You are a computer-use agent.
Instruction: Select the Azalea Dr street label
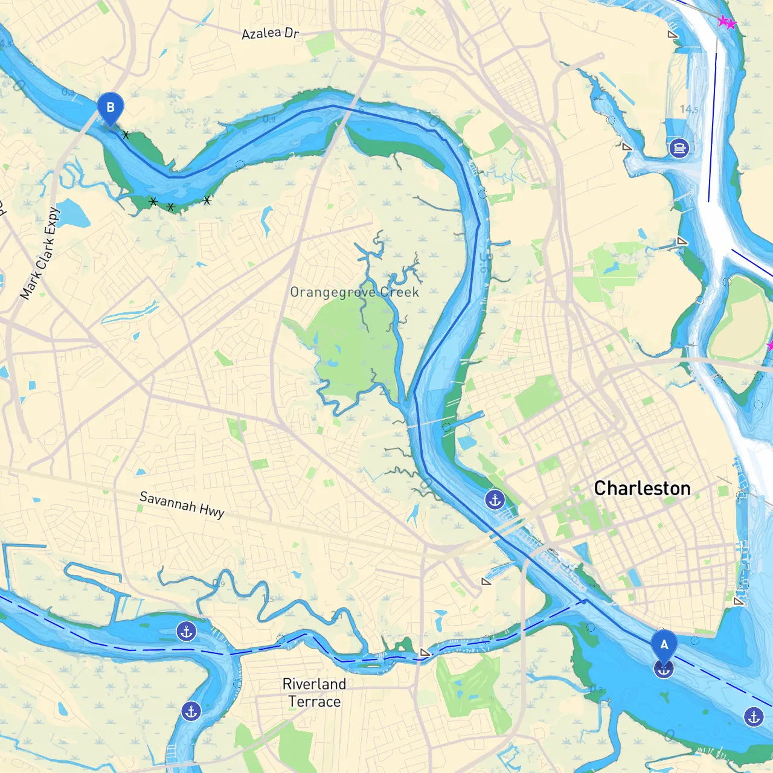[x=270, y=33]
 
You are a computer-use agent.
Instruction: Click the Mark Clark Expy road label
[x=40, y=254]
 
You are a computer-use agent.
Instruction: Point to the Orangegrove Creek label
[x=354, y=292]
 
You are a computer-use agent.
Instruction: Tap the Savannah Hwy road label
[x=182, y=505]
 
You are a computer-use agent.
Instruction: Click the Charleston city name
[x=642, y=488]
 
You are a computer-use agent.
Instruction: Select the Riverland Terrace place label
[x=314, y=693]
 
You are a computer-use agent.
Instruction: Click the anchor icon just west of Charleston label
[x=495, y=500]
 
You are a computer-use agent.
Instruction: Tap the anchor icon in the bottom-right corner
[x=754, y=717]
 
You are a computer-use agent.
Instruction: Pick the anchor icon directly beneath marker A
[x=664, y=669]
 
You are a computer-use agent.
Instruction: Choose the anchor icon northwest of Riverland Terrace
[x=186, y=632]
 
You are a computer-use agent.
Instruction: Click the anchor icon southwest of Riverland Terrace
[x=191, y=711]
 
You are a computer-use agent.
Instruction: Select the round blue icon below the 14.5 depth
[x=679, y=147]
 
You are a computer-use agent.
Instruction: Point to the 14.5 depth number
[x=688, y=109]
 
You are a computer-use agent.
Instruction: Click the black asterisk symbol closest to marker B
[x=126, y=135]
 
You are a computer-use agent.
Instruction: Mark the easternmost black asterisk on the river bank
[x=207, y=200]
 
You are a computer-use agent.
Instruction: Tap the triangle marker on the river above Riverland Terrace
[x=425, y=652]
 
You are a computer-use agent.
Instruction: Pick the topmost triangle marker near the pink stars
[x=673, y=35]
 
